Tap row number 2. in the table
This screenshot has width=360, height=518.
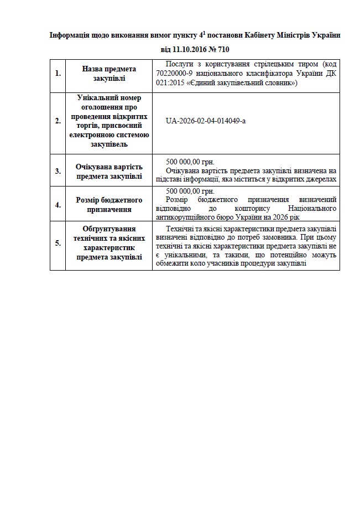tap(58, 121)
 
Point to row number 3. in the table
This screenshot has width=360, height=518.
tap(58, 170)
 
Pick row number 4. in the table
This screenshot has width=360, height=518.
tap(58, 204)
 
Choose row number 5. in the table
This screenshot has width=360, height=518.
tap(58, 242)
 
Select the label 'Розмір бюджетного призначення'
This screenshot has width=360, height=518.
tap(109, 204)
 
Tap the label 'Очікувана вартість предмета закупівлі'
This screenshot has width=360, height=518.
tap(109, 170)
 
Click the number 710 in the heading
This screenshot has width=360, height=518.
tap(222, 49)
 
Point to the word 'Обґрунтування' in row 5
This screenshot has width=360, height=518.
tap(109, 229)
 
